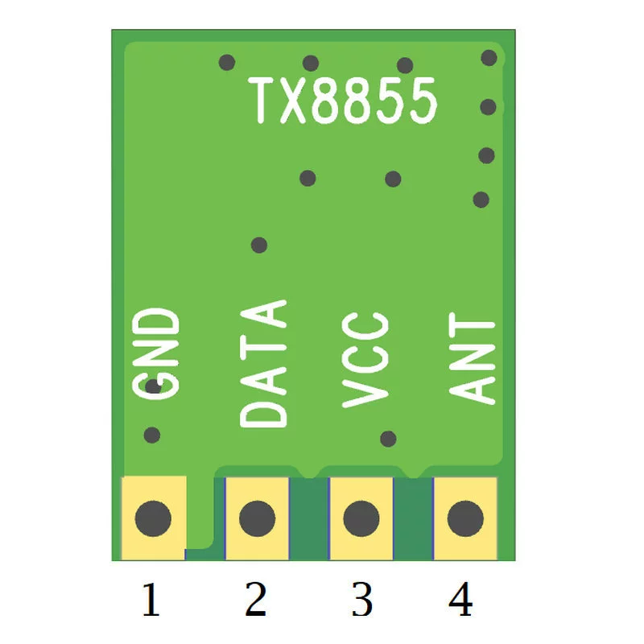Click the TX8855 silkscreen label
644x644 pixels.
(x=343, y=101)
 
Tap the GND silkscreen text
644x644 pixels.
(x=156, y=353)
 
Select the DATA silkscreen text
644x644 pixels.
(x=263, y=364)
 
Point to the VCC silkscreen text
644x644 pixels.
(x=365, y=360)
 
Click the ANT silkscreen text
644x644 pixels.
(x=472, y=358)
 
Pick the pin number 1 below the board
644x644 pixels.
(x=151, y=599)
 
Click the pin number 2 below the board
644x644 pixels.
(x=255, y=599)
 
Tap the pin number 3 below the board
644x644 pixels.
(x=361, y=599)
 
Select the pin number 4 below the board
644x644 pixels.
(x=460, y=599)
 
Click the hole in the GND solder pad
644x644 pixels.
(x=153, y=518)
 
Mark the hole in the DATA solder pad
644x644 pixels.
(x=257, y=518)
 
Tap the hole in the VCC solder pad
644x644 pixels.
(x=361, y=518)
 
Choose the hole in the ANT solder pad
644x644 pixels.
(x=465, y=518)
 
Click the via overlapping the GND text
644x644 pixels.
(x=153, y=386)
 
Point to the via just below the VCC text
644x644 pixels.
(x=388, y=439)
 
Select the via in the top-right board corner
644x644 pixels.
(x=489, y=58)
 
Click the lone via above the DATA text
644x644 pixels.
(x=259, y=246)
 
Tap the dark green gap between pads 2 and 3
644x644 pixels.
(x=309, y=518)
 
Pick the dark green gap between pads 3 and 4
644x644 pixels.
(x=413, y=518)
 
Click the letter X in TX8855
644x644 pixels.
(x=293, y=101)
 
